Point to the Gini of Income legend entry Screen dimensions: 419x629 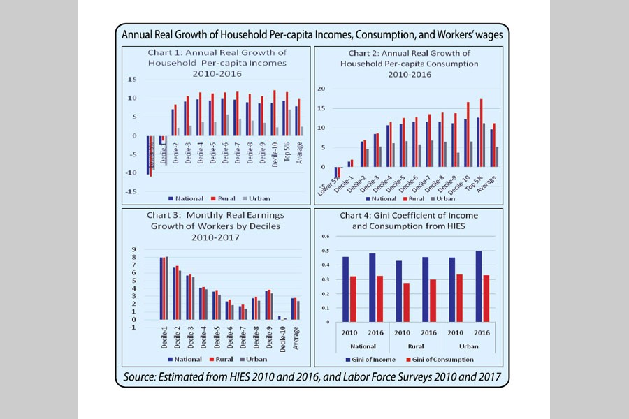click(373, 359)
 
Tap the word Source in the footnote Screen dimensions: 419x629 click(143, 378)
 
